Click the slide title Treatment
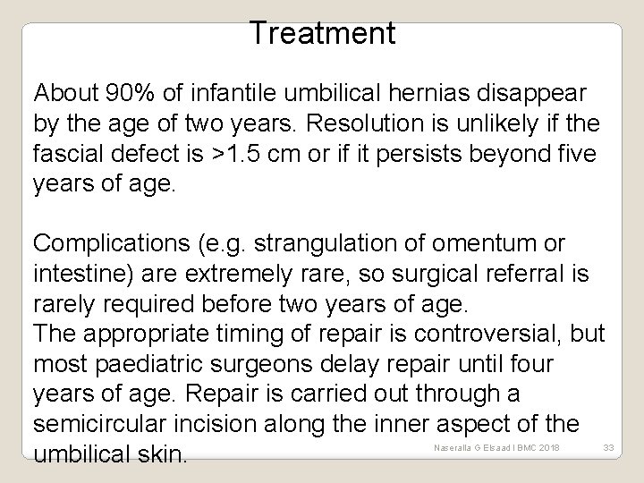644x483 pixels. (322, 33)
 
